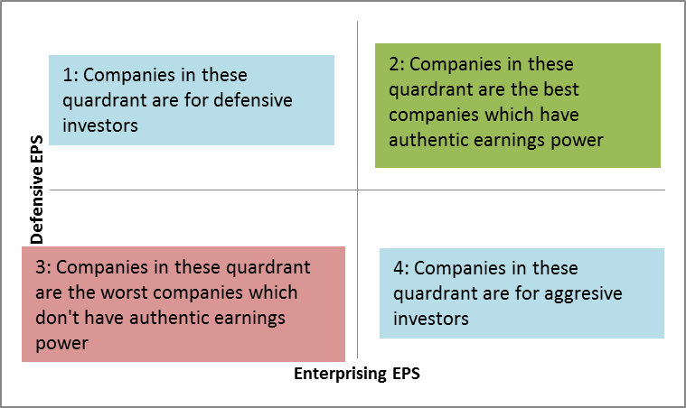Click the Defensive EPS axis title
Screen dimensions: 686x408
pos(37,190)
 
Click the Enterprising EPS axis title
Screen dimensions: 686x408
pos(357,374)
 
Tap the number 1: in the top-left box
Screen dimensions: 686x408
pos(70,75)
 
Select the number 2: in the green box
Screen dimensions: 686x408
pos(397,64)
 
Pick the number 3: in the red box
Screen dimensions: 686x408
pos(43,267)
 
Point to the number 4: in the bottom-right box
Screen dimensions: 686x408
pos(400,268)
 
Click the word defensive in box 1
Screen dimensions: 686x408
pos(253,100)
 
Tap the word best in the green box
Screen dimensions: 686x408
pos(561,89)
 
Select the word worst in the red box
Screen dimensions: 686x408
pos(124,292)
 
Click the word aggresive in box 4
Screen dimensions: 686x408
pos(583,294)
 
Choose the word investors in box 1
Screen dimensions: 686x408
pos(100,125)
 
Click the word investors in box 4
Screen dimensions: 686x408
pos(431,319)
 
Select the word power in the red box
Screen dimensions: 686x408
pos(61,344)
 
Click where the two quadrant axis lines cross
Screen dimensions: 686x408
pos(357,190)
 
